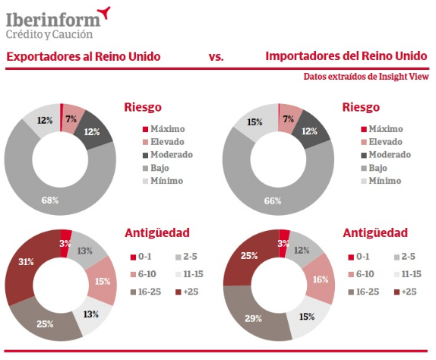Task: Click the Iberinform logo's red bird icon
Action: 104,12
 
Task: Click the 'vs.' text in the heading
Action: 216,57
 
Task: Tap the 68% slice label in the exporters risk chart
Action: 50,201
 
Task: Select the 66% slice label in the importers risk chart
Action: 273,201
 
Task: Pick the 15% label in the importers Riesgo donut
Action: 254,122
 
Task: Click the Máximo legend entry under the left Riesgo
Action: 163,129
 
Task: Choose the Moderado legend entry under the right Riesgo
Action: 386,155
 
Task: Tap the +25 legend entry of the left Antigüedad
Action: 187,292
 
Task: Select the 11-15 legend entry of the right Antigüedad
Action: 408,274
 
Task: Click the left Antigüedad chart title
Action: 157,232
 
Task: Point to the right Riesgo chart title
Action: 361,107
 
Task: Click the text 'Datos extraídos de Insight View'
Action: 366,77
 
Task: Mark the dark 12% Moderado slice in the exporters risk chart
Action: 94,130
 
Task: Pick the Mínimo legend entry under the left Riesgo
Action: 163,181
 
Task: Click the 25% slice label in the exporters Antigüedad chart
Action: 45,324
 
